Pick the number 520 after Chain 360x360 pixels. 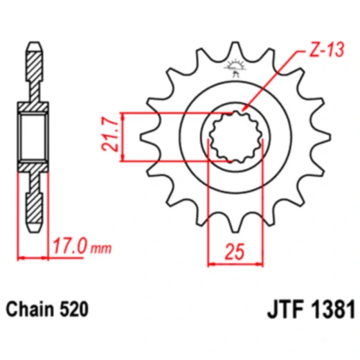click(75, 309)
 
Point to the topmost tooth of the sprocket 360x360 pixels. click(235, 52)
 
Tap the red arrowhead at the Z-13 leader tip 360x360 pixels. click(246, 111)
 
